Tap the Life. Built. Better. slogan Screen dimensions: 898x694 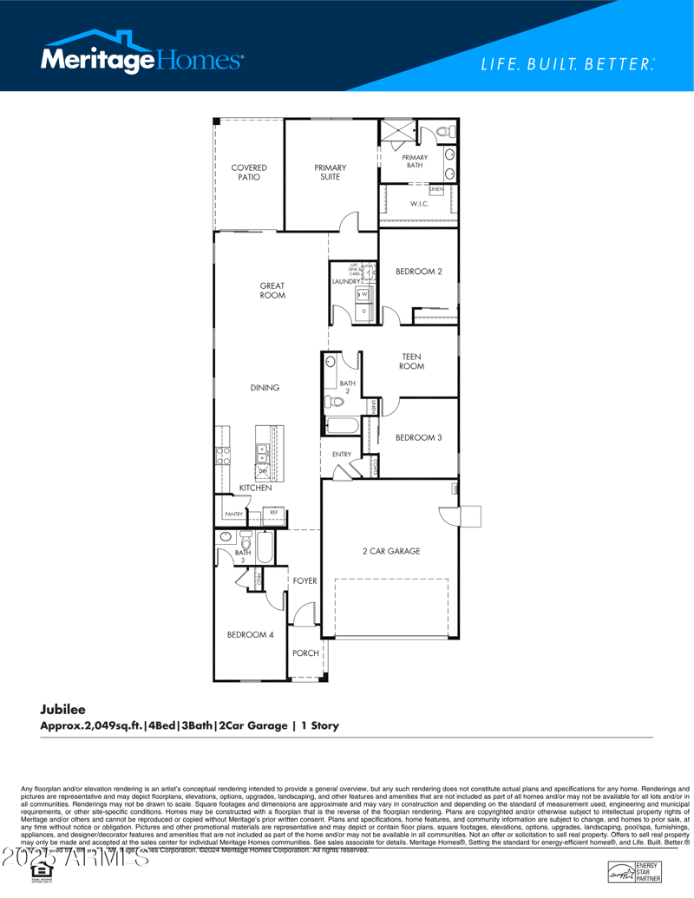click(x=567, y=64)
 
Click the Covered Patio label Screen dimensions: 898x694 click(x=249, y=172)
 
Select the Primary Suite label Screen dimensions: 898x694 click(x=330, y=172)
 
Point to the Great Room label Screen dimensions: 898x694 click(x=272, y=291)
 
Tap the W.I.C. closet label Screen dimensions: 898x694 click(x=420, y=204)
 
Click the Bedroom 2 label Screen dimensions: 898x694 click(x=419, y=272)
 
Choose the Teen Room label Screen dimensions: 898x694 click(x=411, y=361)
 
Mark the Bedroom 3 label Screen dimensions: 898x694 click(x=418, y=437)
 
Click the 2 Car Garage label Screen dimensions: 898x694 click(x=391, y=551)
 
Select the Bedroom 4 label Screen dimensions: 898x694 click(x=250, y=634)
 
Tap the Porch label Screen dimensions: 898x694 click(x=305, y=653)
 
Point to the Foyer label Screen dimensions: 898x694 click(x=304, y=580)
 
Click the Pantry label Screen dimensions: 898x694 click(x=233, y=515)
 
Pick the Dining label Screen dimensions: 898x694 click(x=265, y=388)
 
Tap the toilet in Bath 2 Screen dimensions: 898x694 click(x=333, y=402)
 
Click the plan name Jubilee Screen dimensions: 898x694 click(x=62, y=709)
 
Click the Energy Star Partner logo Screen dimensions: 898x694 click(x=634, y=872)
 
